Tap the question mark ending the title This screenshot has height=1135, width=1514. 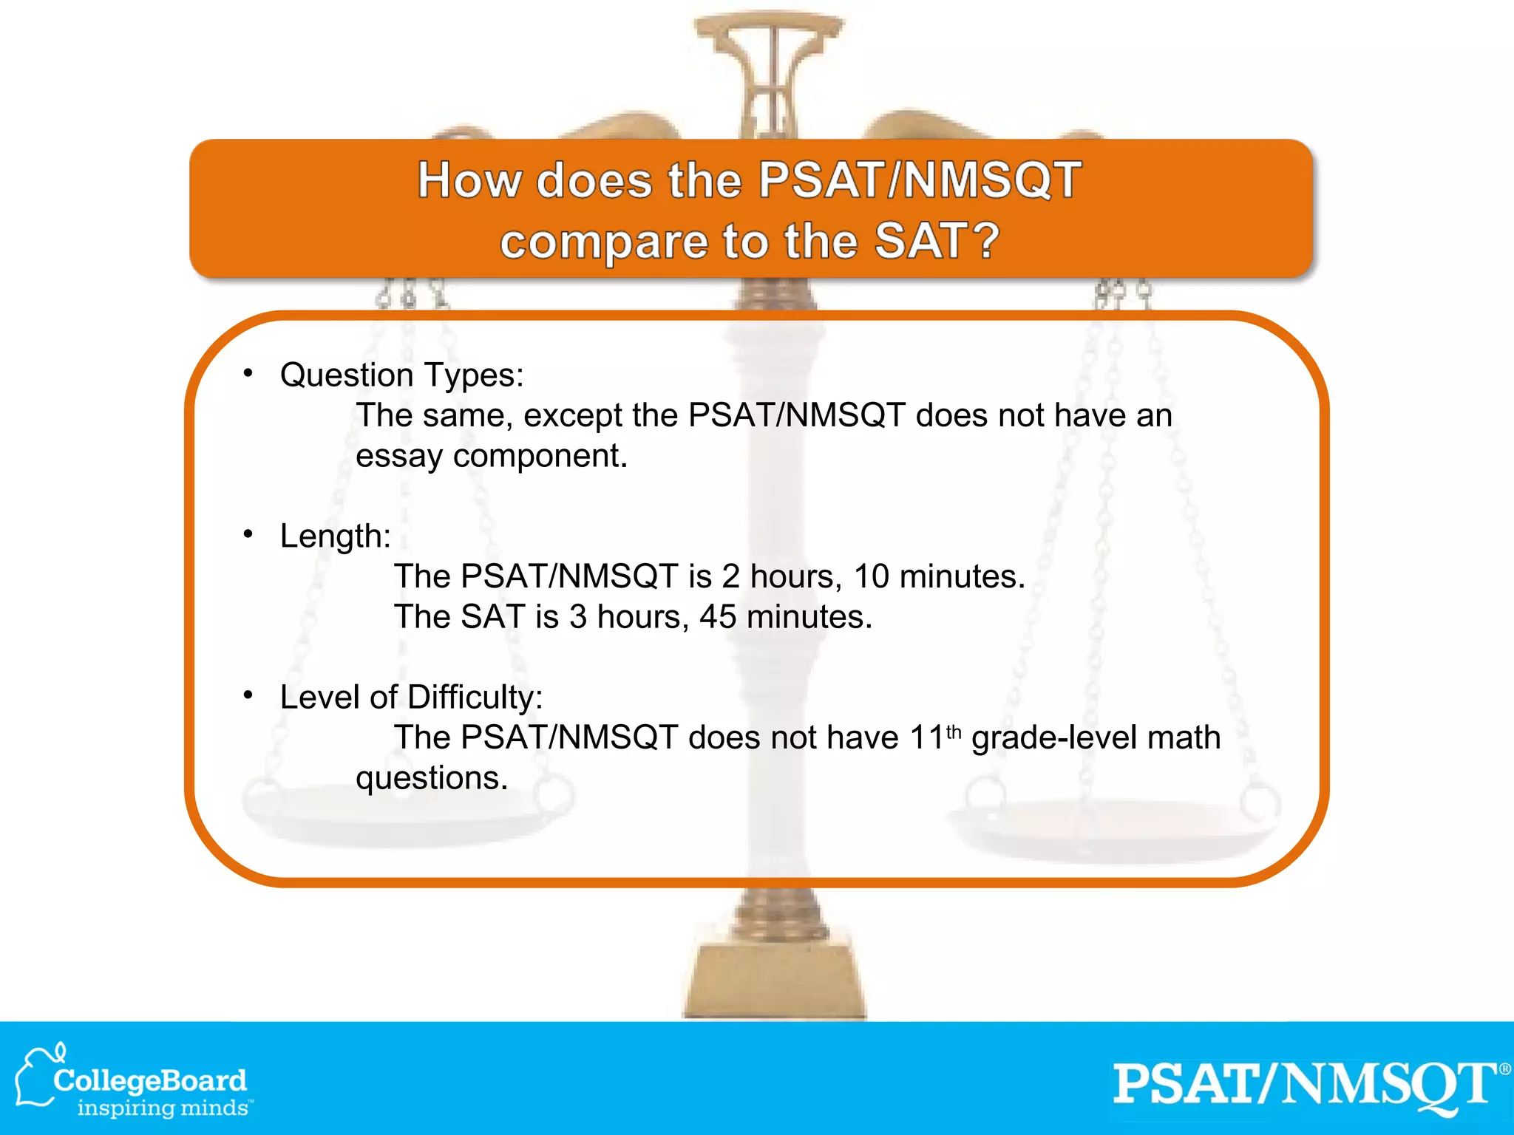[986, 240]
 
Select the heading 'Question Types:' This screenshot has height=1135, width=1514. [401, 375]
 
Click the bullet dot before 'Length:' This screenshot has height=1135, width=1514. [248, 534]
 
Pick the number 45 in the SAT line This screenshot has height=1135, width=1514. [718, 617]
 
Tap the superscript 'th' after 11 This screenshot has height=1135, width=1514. [954, 732]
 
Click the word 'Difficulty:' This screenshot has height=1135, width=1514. [475, 698]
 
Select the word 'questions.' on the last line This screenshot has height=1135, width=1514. [432, 778]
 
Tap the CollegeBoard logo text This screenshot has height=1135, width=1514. [150, 1080]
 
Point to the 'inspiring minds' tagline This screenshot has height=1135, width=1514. [164, 1108]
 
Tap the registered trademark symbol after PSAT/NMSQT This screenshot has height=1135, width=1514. [1504, 1070]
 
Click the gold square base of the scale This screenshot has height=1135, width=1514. [774, 979]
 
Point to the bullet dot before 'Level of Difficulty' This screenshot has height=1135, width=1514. [248, 695]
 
